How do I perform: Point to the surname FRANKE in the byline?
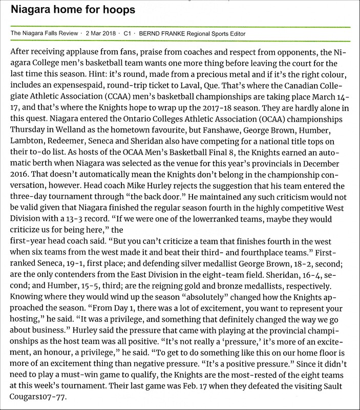(x=174, y=34)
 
